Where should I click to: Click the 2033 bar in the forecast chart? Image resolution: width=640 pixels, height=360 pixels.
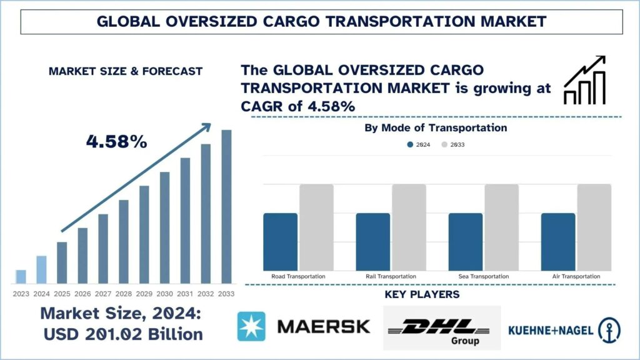(226, 206)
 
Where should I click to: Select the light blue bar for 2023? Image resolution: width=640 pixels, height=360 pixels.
(21, 276)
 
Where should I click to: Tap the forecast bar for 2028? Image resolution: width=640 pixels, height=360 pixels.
(124, 241)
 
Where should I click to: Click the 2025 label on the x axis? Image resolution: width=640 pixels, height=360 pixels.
(61, 293)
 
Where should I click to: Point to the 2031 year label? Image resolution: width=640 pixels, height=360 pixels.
(185, 293)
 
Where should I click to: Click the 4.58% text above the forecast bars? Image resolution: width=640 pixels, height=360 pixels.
(116, 142)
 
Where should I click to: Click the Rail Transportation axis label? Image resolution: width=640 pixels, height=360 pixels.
(391, 276)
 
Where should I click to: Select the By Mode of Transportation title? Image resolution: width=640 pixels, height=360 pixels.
(436, 128)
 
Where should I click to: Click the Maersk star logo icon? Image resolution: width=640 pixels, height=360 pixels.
(251, 326)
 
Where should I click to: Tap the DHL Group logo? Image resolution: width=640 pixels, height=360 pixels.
(441, 328)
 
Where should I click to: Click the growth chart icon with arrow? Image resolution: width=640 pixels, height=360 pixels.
(584, 80)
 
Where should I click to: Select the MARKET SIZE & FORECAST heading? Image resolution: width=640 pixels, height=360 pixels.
(126, 71)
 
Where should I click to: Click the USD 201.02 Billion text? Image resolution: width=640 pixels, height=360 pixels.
(123, 334)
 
